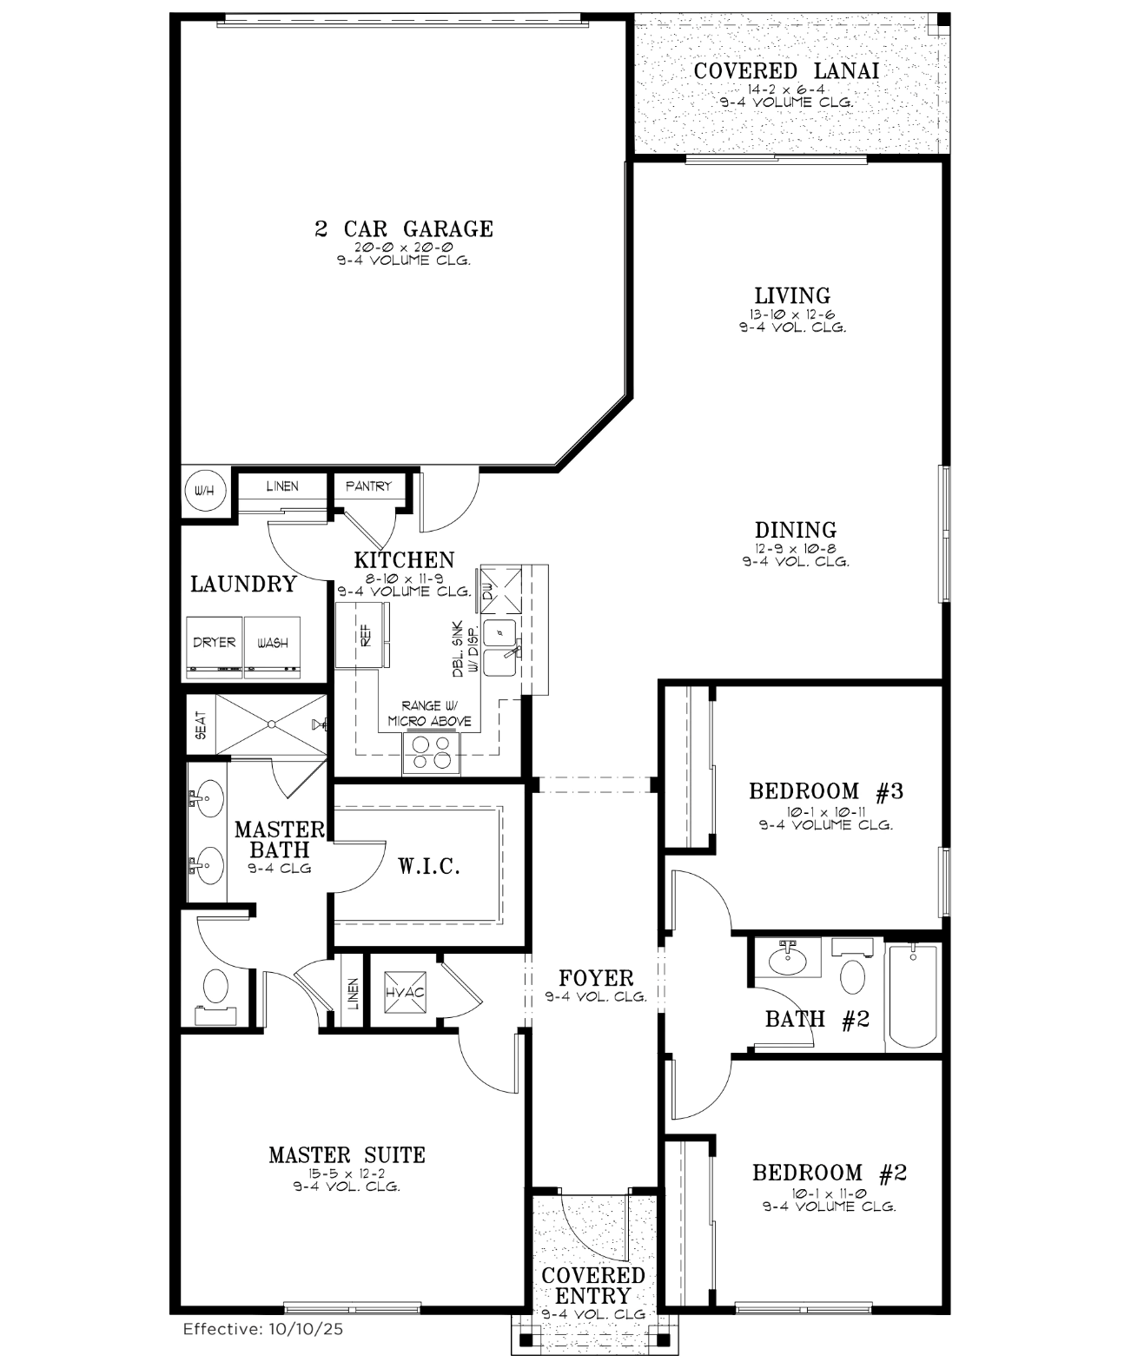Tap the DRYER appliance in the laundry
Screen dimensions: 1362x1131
[215, 647]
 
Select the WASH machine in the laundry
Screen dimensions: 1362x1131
[273, 647]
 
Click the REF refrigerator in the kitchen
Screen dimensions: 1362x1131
[363, 635]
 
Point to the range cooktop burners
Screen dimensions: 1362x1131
[431, 752]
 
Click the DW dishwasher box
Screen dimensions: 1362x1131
[501, 590]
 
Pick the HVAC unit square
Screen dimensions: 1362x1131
[405, 992]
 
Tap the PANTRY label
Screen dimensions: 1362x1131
[368, 486]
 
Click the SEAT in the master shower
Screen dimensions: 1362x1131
[201, 724]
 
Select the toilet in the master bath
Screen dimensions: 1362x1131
[215, 990]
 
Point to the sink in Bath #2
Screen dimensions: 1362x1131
[788, 959]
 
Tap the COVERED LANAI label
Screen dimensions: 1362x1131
[786, 71]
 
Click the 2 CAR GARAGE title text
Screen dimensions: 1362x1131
[404, 229]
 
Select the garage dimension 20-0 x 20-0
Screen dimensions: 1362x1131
[404, 248]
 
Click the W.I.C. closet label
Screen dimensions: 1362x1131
[429, 866]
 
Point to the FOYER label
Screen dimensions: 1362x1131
[596, 979]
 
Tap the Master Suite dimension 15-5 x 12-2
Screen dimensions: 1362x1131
[347, 1174]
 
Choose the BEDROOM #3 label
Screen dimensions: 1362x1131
[826, 791]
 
